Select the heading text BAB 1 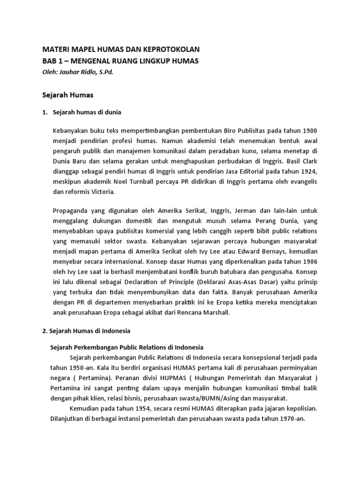coord(54,61)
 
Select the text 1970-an coord(290,419)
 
